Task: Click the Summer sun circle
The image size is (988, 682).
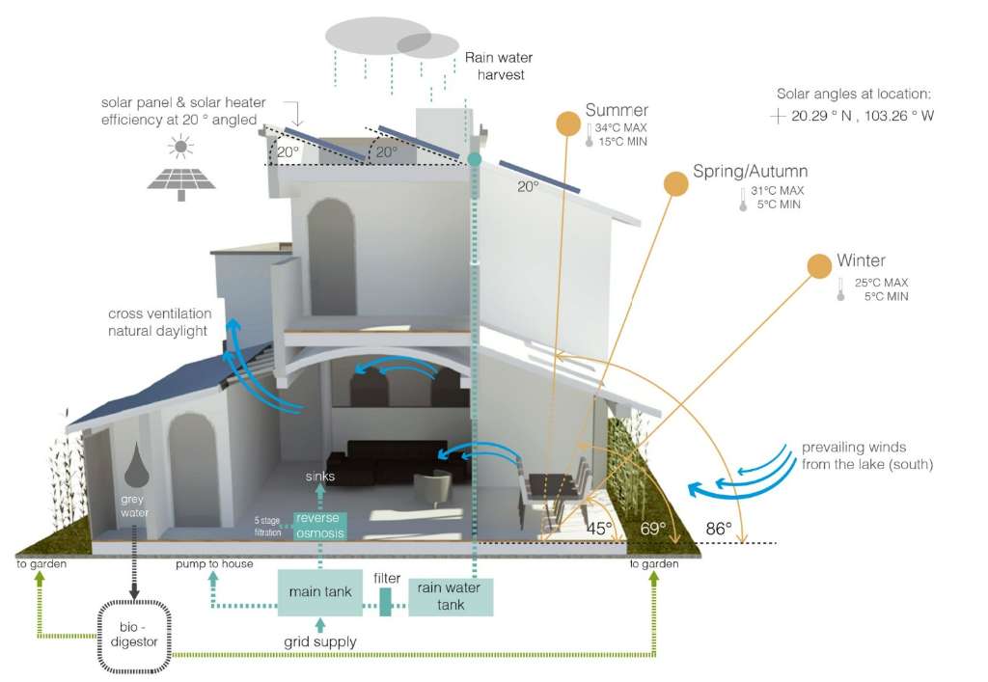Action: [x=569, y=124]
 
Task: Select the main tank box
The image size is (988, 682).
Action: [x=319, y=591]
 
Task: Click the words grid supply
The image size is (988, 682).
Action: [x=319, y=641]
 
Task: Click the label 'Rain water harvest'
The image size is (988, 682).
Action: [x=494, y=66]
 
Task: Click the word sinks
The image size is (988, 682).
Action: [x=320, y=476]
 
